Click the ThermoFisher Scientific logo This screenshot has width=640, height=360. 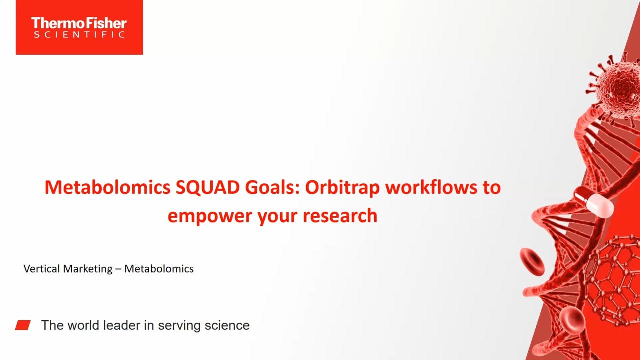(79, 27)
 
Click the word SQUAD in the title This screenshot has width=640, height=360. (207, 187)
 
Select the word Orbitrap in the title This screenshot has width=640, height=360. (342, 188)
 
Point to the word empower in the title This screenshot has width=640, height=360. (210, 217)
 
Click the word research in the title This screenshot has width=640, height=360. (340, 215)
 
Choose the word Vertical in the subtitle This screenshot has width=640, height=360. (41, 269)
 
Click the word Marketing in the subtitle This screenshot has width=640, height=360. (88, 269)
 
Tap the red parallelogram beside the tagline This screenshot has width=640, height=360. (23, 325)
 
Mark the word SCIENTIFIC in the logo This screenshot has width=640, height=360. (79, 35)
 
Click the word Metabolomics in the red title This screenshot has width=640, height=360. (107, 187)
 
